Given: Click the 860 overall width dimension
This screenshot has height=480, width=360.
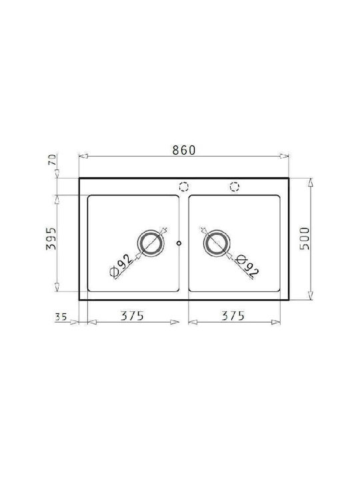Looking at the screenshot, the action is [x=184, y=150].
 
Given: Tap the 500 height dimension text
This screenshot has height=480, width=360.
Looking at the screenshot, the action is [x=305, y=239].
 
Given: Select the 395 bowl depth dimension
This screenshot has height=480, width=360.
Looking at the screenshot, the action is [x=51, y=239].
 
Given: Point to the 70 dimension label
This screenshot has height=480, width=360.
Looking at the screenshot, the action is [x=53, y=160].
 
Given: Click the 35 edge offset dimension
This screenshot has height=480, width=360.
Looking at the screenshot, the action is [x=61, y=317].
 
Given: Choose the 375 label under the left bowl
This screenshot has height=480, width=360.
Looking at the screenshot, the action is [x=132, y=315].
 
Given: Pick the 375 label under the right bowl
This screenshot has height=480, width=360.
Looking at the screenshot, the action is [x=233, y=315].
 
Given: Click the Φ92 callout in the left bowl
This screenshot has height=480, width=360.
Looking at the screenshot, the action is [x=121, y=266].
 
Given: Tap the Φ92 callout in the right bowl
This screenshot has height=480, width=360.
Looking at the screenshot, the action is [x=247, y=267].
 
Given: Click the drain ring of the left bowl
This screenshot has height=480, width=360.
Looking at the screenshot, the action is [x=151, y=233].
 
